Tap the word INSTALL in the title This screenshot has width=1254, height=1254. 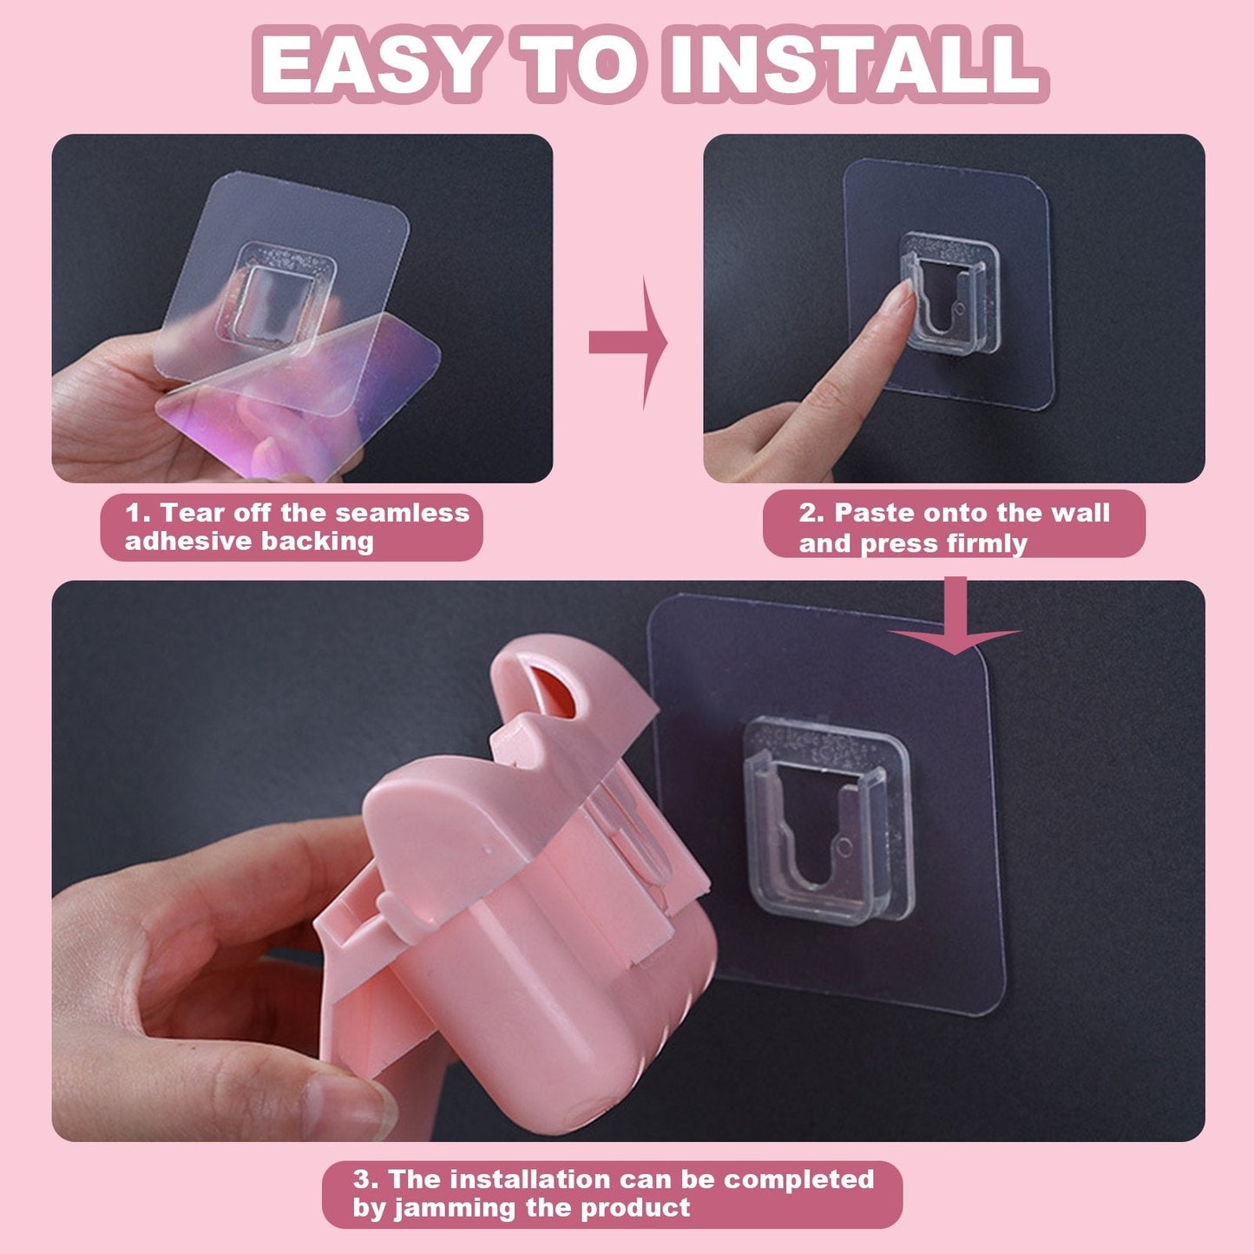(x=854, y=65)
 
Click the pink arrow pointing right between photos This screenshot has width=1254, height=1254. (x=627, y=343)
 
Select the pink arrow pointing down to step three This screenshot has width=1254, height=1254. (x=955, y=620)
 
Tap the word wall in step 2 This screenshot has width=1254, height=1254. (x=1080, y=513)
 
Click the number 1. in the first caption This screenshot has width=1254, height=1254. (x=138, y=513)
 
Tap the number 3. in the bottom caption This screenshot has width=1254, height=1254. (x=365, y=1179)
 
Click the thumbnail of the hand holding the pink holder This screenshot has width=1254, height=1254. (x=347, y=1102)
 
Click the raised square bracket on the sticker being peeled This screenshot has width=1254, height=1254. (x=279, y=291)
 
